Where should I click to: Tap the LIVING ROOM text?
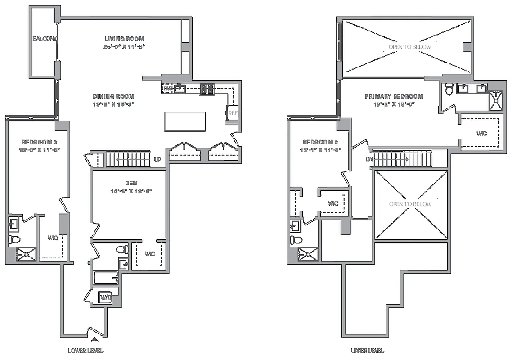[124, 39]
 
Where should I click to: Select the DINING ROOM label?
[113, 96]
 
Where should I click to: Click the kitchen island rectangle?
[185, 121]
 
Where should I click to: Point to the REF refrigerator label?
[233, 113]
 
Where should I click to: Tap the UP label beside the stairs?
[157, 160]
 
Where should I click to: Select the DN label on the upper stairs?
[368, 159]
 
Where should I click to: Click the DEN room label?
[131, 183]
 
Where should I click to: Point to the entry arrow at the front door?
[95, 340]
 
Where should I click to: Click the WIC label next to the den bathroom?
[150, 254]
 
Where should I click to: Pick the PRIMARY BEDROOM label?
[394, 96]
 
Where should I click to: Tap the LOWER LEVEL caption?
[85, 351]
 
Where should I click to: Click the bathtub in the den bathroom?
[106, 277]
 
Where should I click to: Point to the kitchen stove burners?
[207, 89]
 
